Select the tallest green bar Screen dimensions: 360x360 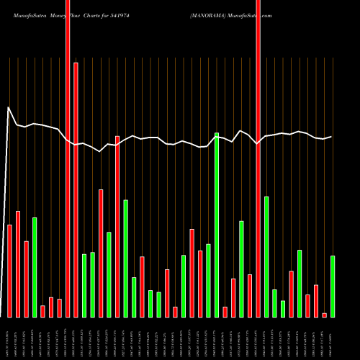(217, 225)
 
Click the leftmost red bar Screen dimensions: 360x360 (10, 271)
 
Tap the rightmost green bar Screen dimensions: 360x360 (333, 287)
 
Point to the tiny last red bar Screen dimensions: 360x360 (325, 315)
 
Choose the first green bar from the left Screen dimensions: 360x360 (35, 267)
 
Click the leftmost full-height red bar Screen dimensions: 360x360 (68, 158)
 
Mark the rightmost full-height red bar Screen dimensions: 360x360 (258, 158)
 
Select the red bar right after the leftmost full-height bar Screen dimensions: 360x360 (76, 190)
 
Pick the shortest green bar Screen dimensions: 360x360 (283, 309)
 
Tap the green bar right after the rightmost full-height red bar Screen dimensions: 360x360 (266, 256)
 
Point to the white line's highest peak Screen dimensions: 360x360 (9, 108)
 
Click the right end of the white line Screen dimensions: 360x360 (332, 137)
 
